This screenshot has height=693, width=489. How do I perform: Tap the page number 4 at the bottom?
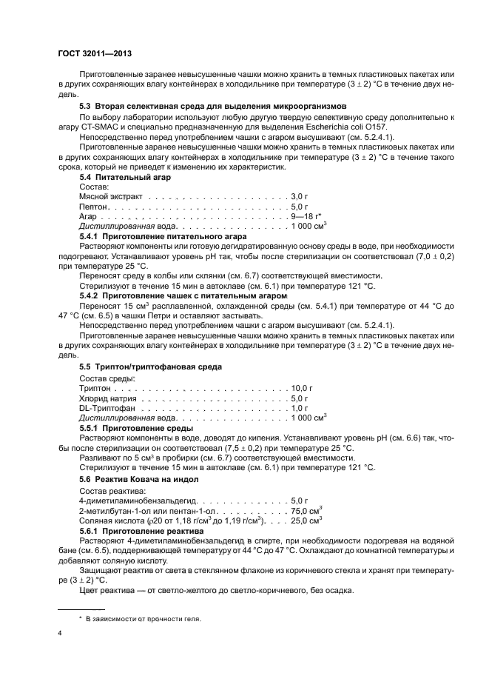pos(60,633)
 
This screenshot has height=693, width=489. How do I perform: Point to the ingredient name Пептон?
pos(92,207)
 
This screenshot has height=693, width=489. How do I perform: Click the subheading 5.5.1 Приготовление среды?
pos(136,428)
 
